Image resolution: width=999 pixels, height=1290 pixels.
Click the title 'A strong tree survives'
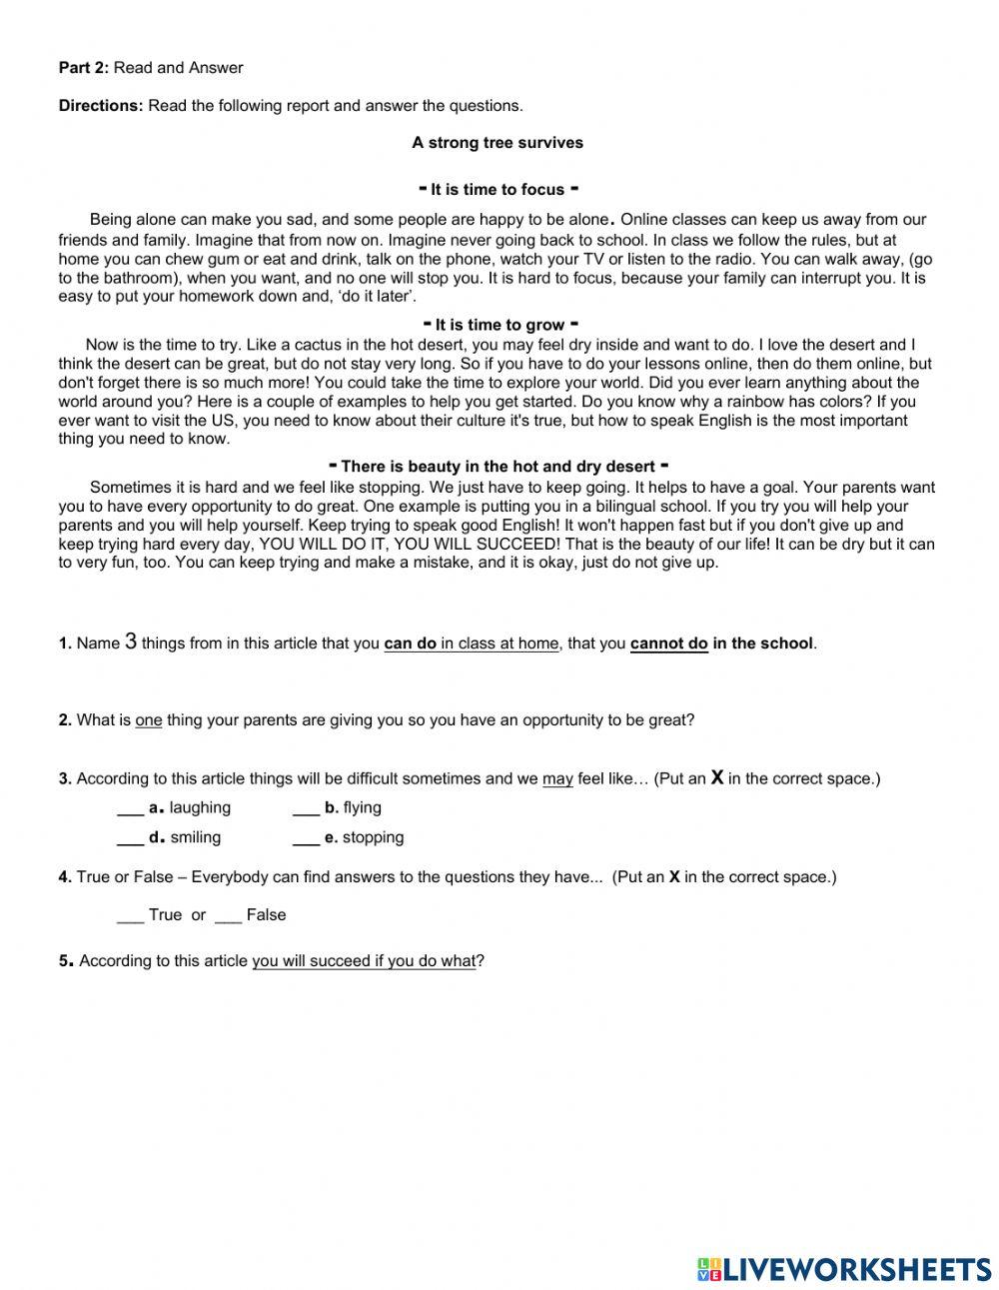point(498,143)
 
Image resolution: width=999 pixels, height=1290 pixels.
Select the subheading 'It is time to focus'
point(498,190)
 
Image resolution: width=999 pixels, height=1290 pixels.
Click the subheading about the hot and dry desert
point(498,467)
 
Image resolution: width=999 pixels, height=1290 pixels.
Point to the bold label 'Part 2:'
point(84,68)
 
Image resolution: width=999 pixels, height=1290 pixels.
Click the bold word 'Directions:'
point(101,106)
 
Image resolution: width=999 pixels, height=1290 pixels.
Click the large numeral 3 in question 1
point(131,643)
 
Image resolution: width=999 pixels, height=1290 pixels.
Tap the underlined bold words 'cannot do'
point(668,645)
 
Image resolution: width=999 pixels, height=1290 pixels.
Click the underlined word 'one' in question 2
point(149,720)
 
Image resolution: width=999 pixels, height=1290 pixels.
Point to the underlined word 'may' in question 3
point(557,779)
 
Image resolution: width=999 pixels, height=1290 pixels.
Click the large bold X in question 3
point(716,777)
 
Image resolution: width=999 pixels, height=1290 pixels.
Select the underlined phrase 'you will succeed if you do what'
point(364,961)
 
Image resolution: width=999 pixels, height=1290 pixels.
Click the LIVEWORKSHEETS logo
point(843,1269)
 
